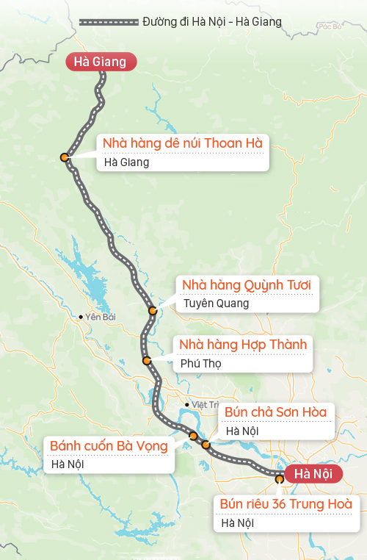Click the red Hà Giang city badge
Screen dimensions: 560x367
101,62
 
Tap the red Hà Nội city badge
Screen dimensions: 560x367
313,474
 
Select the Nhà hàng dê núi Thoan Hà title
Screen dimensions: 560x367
182,142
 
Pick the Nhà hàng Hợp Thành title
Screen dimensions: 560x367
243,345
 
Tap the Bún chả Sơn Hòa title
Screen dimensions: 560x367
275,412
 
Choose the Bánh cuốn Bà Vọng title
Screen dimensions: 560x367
109,445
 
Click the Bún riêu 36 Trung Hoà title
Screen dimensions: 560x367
286,504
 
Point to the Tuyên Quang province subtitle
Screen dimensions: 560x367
217,303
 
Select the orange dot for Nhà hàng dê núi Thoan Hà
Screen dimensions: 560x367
65,157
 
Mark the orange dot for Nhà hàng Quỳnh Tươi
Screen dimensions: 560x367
153,311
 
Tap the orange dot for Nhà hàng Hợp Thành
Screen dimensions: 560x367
147,361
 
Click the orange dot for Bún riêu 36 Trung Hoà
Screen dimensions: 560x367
280,478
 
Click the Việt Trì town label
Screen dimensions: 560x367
202,404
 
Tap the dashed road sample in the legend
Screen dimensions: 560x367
108,22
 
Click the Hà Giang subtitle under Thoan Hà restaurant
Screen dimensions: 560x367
126,162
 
